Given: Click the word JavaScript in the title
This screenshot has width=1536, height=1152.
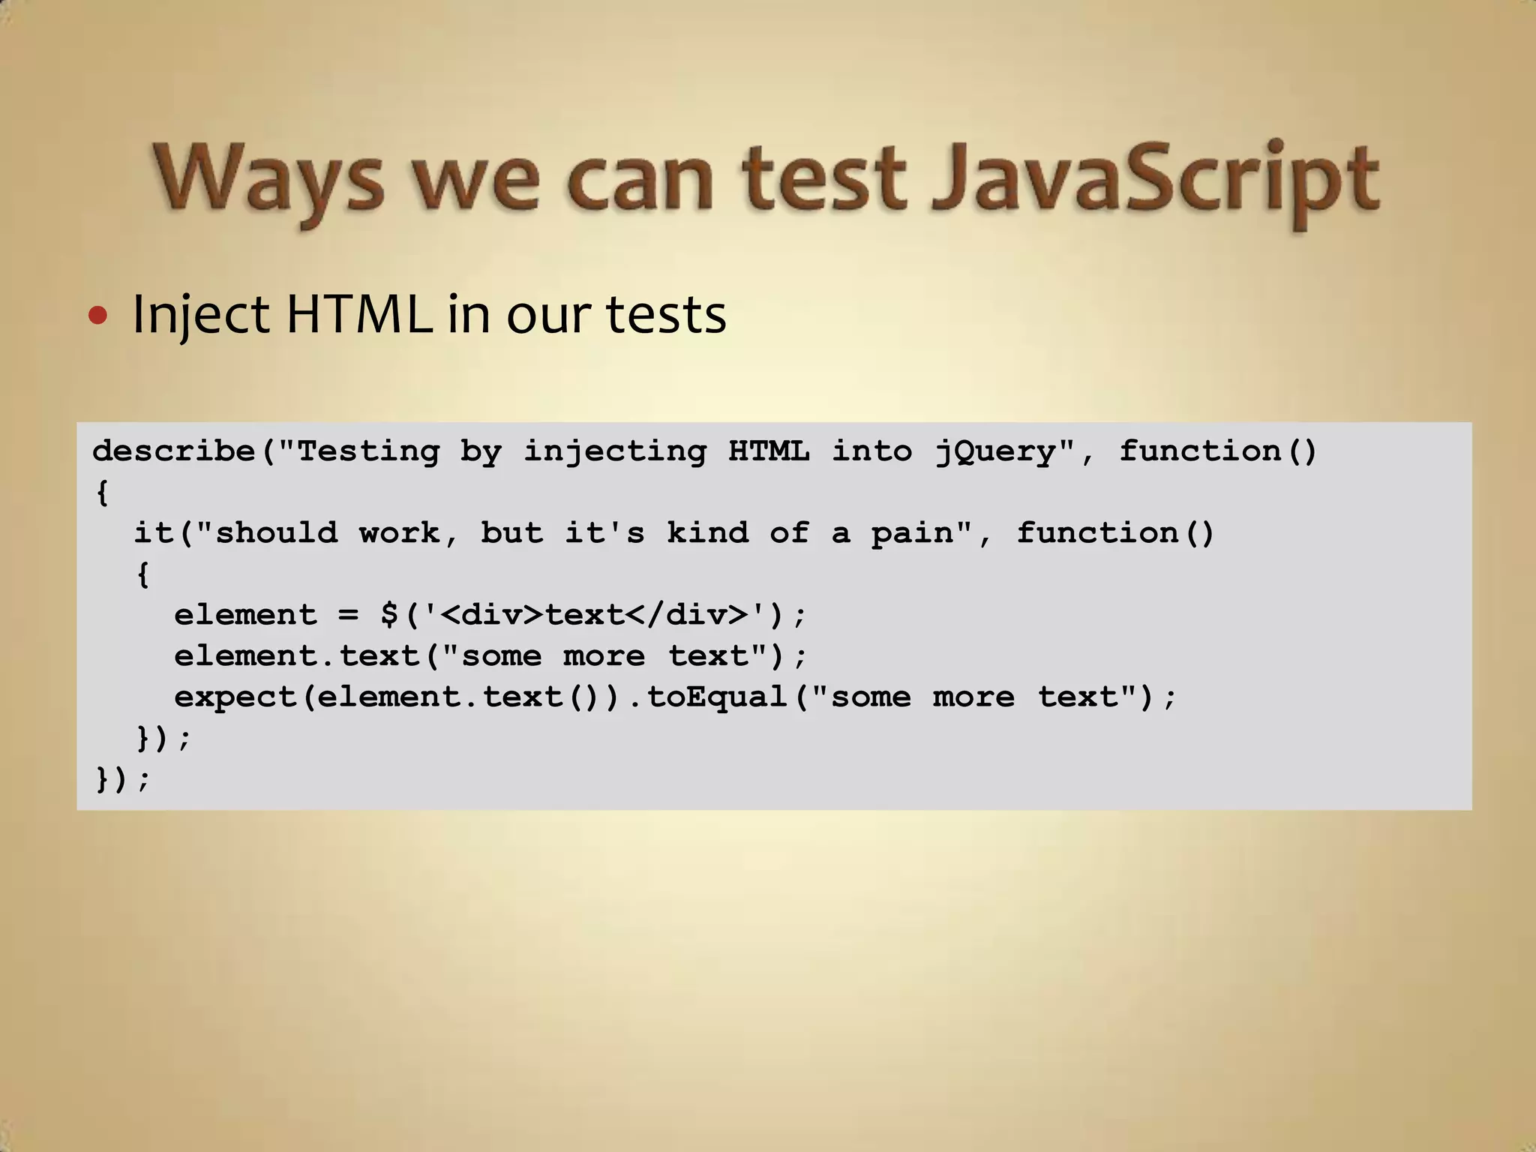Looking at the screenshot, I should [x=1155, y=180].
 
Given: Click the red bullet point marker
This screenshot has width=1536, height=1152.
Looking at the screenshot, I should [x=97, y=316].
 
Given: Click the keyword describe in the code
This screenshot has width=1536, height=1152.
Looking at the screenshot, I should [x=173, y=451].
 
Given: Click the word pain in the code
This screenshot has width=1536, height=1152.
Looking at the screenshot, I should [x=912, y=533].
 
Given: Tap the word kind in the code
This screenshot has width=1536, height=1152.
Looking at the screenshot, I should [x=707, y=533].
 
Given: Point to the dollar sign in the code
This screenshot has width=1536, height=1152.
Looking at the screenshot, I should [x=388, y=615].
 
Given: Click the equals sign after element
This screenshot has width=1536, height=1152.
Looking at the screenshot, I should [x=348, y=615].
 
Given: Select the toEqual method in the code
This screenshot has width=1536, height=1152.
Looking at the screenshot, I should [x=716, y=697].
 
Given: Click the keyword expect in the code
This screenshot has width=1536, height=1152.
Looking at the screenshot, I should [x=235, y=697].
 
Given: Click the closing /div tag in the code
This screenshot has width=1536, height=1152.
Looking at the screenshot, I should [x=687, y=615].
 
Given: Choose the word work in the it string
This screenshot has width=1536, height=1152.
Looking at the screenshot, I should [x=399, y=533].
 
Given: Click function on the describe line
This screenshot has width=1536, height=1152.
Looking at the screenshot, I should [x=1200, y=451].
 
